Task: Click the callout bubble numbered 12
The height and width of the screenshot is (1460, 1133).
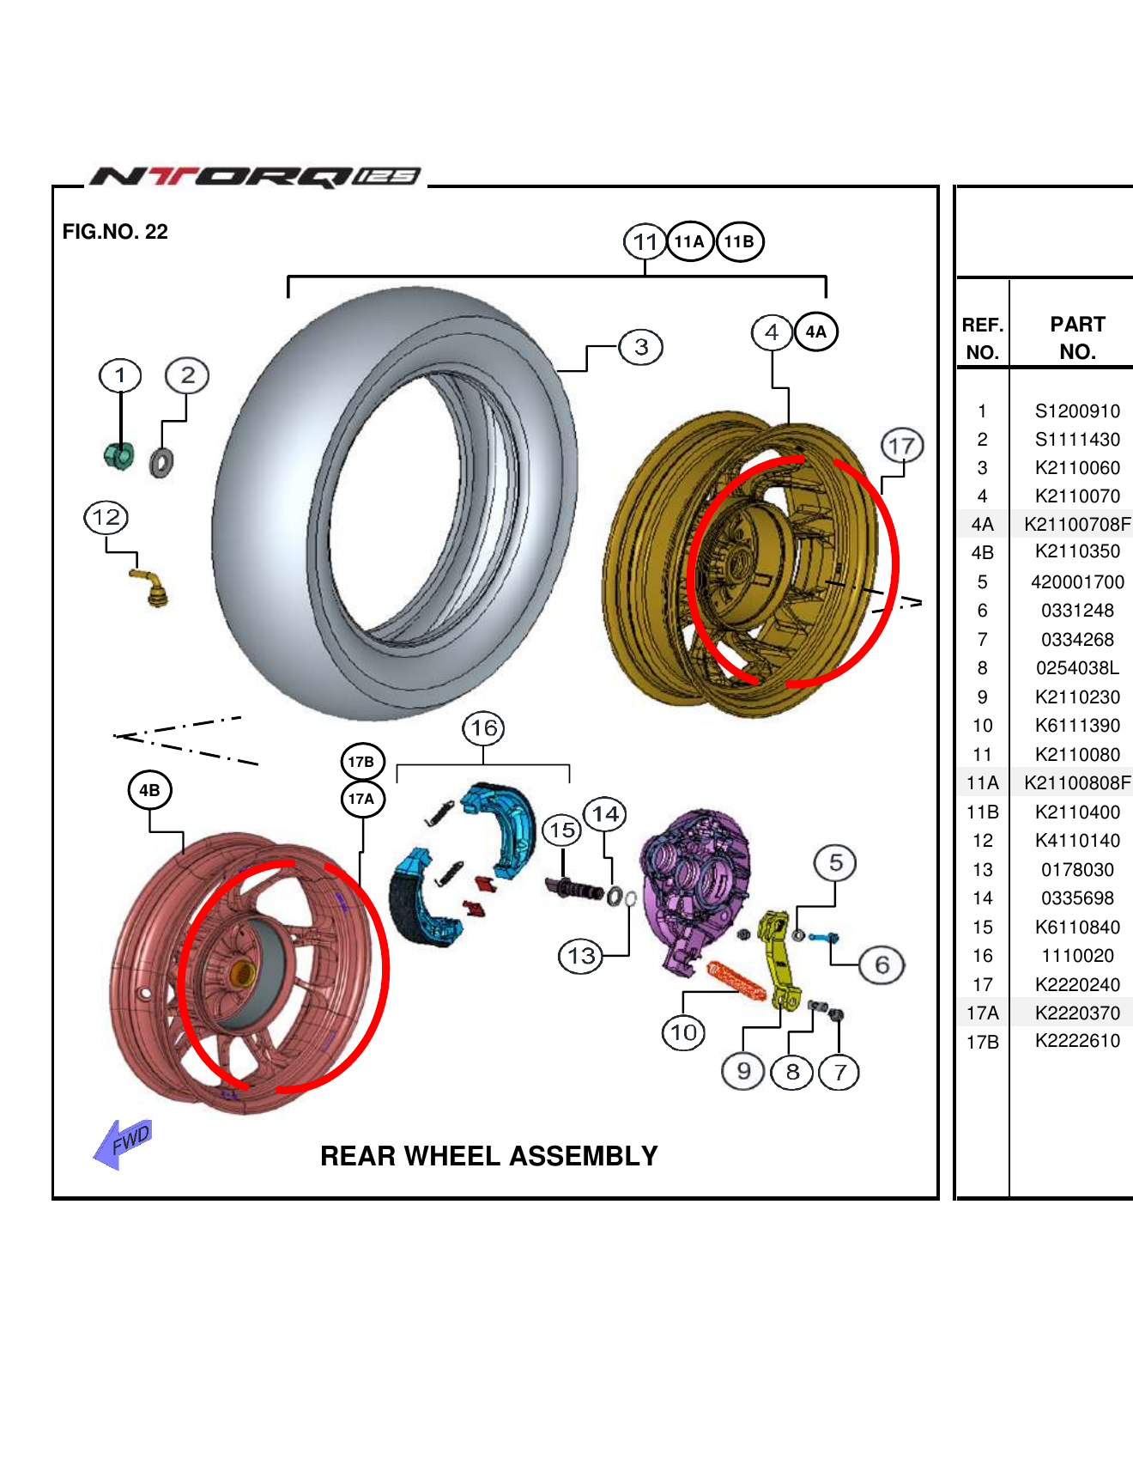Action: click(x=106, y=518)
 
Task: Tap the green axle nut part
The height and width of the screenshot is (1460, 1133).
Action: click(x=119, y=455)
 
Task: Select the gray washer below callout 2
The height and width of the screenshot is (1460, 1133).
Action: click(x=161, y=463)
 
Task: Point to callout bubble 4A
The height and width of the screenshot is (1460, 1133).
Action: click(x=815, y=332)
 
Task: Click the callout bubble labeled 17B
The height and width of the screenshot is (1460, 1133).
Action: click(x=361, y=762)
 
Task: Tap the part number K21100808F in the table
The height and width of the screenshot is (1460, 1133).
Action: click(x=1077, y=783)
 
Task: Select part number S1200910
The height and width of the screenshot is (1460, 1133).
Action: click(x=1077, y=411)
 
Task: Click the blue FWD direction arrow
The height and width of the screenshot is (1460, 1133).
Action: click(x=124, y=1143)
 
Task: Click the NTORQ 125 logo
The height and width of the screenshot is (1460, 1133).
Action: click(x=256, y=176)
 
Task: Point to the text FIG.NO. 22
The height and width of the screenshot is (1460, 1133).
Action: click(x=115, y=232)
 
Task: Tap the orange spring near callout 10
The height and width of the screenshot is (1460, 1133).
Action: click(x=736, y=981)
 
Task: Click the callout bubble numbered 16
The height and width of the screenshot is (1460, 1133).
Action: click(x=483, y=728)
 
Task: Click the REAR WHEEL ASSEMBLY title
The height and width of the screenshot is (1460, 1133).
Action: click(x=488, y=1156)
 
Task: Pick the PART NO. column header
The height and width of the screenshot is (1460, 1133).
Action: click(x=1077, y=338)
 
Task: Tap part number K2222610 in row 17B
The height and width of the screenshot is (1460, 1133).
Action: click(x=1077, y=1041)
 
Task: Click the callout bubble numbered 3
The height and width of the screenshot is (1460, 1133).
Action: click(x=641, y=347)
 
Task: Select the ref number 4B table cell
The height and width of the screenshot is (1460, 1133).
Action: click(x=982, y=552)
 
